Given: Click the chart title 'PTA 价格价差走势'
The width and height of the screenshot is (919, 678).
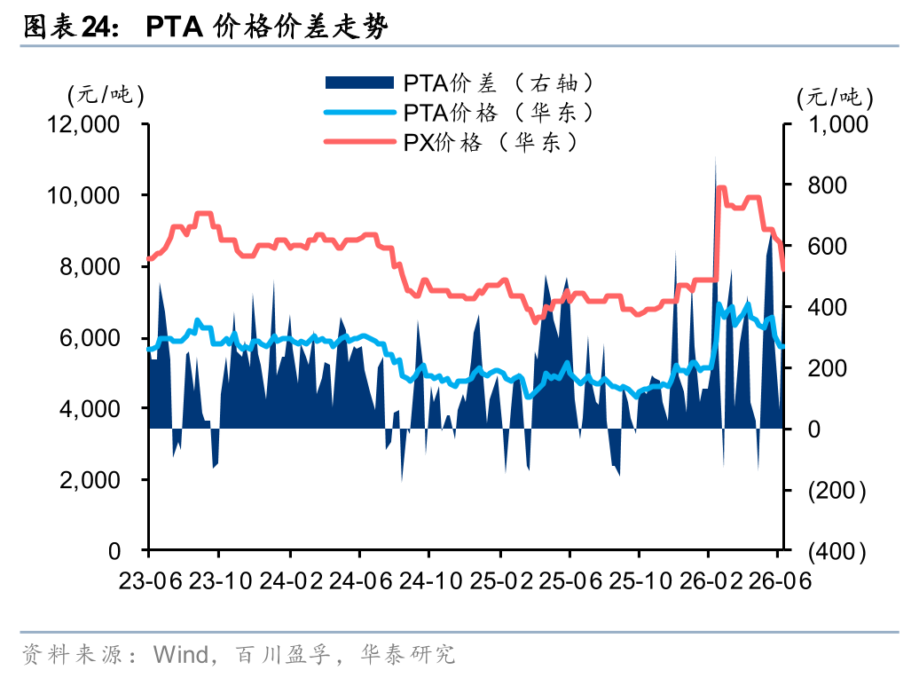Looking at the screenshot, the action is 267,27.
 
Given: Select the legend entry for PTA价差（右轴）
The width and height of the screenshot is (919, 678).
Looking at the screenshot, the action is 459,83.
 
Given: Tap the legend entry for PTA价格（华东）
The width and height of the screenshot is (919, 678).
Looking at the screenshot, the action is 459,113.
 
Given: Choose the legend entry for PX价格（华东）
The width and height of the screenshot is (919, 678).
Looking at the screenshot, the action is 452,142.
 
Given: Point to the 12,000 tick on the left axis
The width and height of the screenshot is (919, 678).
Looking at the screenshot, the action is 83,124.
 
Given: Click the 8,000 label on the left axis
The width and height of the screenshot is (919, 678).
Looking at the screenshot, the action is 90,266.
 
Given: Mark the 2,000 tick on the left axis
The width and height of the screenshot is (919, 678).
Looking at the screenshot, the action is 90,480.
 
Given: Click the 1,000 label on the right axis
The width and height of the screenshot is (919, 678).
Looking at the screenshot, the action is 838,124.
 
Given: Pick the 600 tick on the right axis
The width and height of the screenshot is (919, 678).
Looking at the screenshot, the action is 827,246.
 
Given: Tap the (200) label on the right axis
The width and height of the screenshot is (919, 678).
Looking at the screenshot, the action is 837,490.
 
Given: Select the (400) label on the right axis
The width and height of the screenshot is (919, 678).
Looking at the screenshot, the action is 837,551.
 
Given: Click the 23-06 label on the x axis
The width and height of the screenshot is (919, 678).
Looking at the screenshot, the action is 151,580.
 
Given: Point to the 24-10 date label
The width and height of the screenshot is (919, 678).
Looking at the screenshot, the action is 431,580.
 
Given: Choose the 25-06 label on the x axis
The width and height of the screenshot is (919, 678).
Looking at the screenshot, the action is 570,580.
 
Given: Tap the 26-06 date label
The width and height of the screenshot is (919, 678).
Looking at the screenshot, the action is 780,580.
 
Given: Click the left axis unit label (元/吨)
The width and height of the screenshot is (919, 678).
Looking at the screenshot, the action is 106,94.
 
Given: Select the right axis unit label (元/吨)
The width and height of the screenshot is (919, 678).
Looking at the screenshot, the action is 835,98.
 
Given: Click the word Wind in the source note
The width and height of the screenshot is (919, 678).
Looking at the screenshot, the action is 181,655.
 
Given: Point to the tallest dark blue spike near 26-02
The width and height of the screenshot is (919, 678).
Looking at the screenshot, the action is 715,157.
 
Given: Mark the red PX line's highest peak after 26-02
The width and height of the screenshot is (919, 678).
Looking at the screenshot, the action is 721,187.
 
